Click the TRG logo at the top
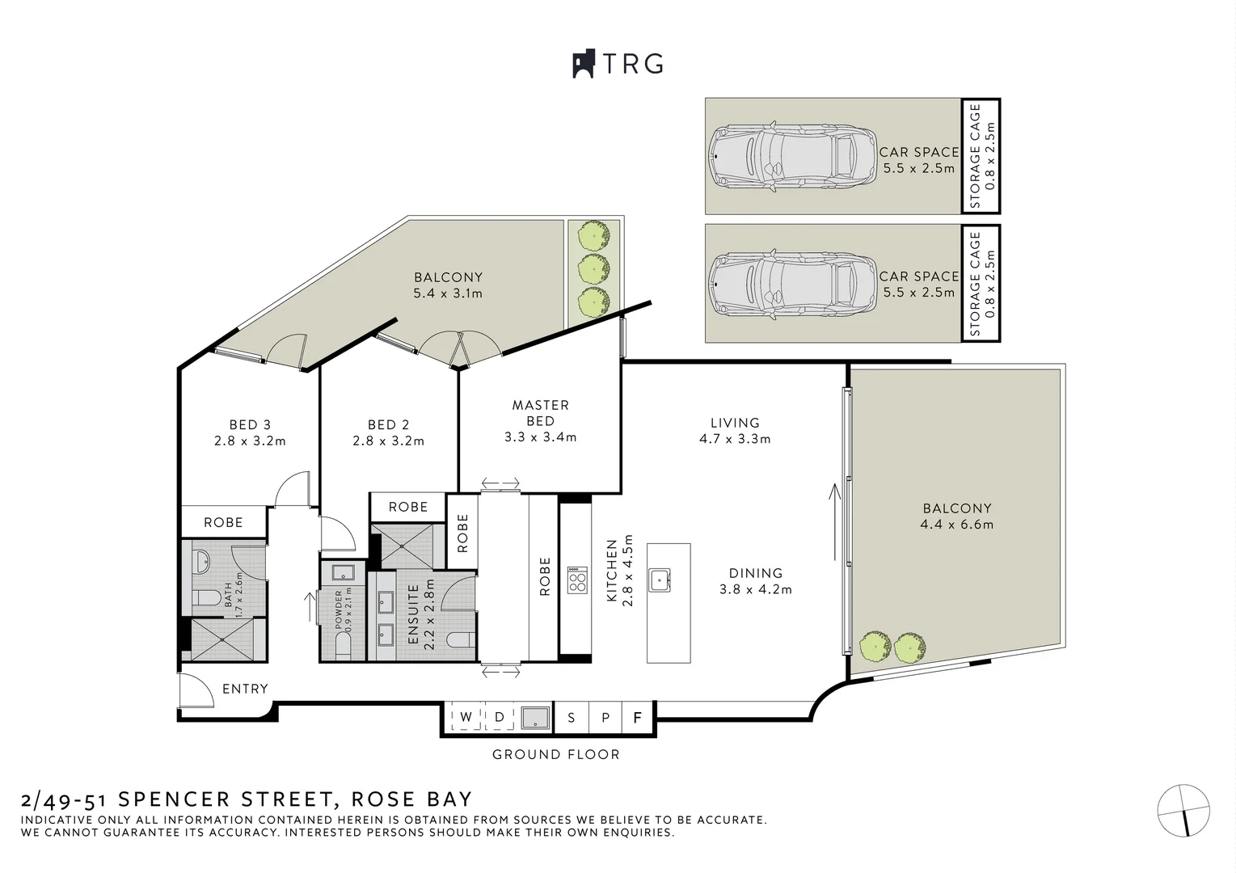point(618,64)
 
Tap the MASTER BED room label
point(540,412)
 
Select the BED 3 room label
point(250,424)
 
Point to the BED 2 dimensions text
point(388,441)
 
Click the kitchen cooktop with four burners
point(577,581)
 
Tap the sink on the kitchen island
point(659,579)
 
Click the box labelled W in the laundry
point(466,717)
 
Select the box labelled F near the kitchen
point(637,717)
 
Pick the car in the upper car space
point(792,157)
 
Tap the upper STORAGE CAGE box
point(981,156)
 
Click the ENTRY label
point(245,689)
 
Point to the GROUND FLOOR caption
point(556,755)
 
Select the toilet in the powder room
point(344,645)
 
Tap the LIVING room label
point(735,423)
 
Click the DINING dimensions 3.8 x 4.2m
point(756,590)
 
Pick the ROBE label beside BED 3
point(223,523)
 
